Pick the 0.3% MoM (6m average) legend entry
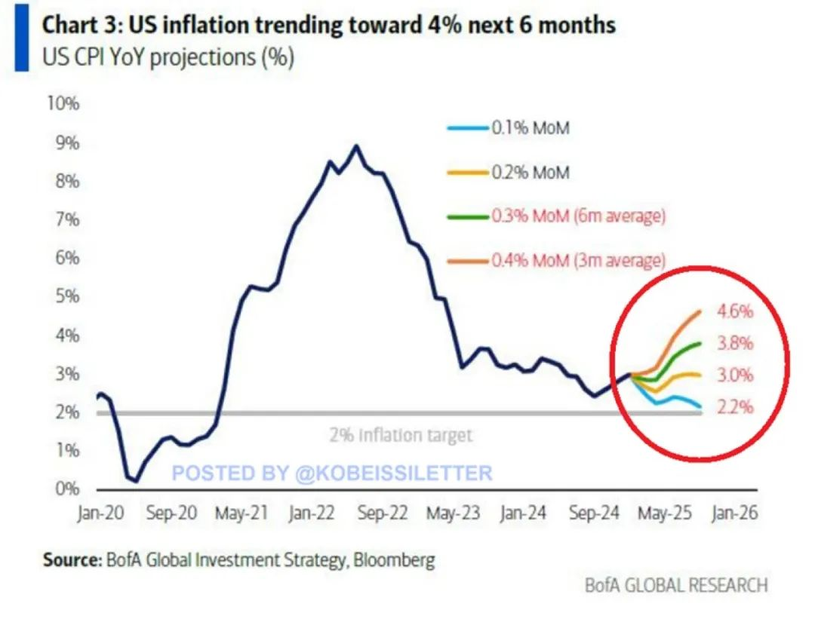click(x=578, y=216)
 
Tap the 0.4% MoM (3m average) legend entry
click(x=578, y=261)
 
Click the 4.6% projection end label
click(x=735, y=311)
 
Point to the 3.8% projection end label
click(x=735, y=344)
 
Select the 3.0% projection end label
click(x=735, y=375)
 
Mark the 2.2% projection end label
click(x=735, y=408)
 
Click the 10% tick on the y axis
click(x=63, y=103)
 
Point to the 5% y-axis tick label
click(x=66, y=296)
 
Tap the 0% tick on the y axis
click(x=66, y=489)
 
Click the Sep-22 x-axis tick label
click(x=381, y=513)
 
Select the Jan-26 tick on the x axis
click(x=730, y=513)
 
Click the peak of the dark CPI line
click(x=355, y=146)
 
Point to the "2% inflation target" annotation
click(x=401, y=435)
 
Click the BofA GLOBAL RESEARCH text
click(x=676, y=585)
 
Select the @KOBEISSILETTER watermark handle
click(x=392, y=473)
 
